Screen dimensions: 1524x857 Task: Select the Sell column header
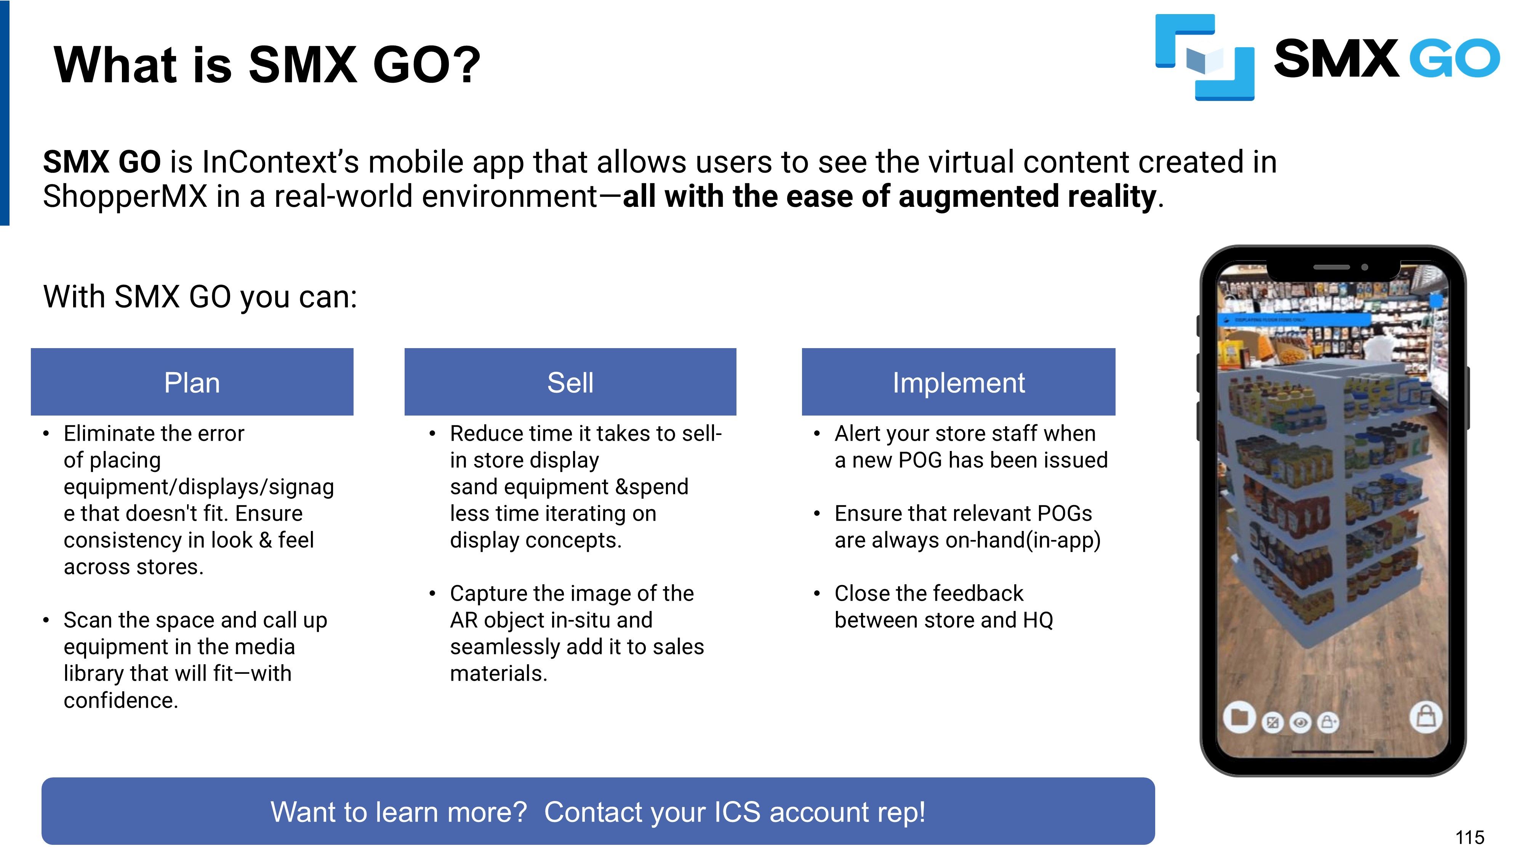click(x=570, y=382)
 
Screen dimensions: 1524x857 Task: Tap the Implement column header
click(x=959, y=382)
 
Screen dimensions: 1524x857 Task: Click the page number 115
click(x=1470, y=838)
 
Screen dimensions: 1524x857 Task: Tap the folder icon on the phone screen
click(x=1239, y=718)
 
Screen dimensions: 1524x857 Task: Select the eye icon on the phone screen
click(x=1300, y=722)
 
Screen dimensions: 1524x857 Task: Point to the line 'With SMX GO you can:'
click(x=200, y=297)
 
